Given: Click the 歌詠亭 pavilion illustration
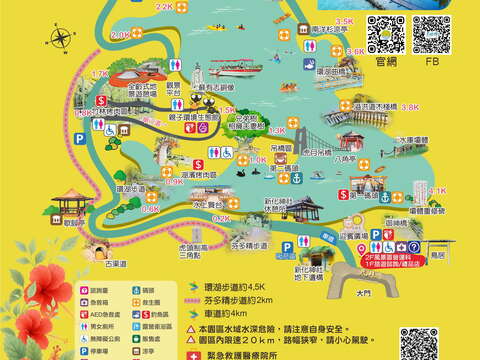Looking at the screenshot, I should click(69, 205).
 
